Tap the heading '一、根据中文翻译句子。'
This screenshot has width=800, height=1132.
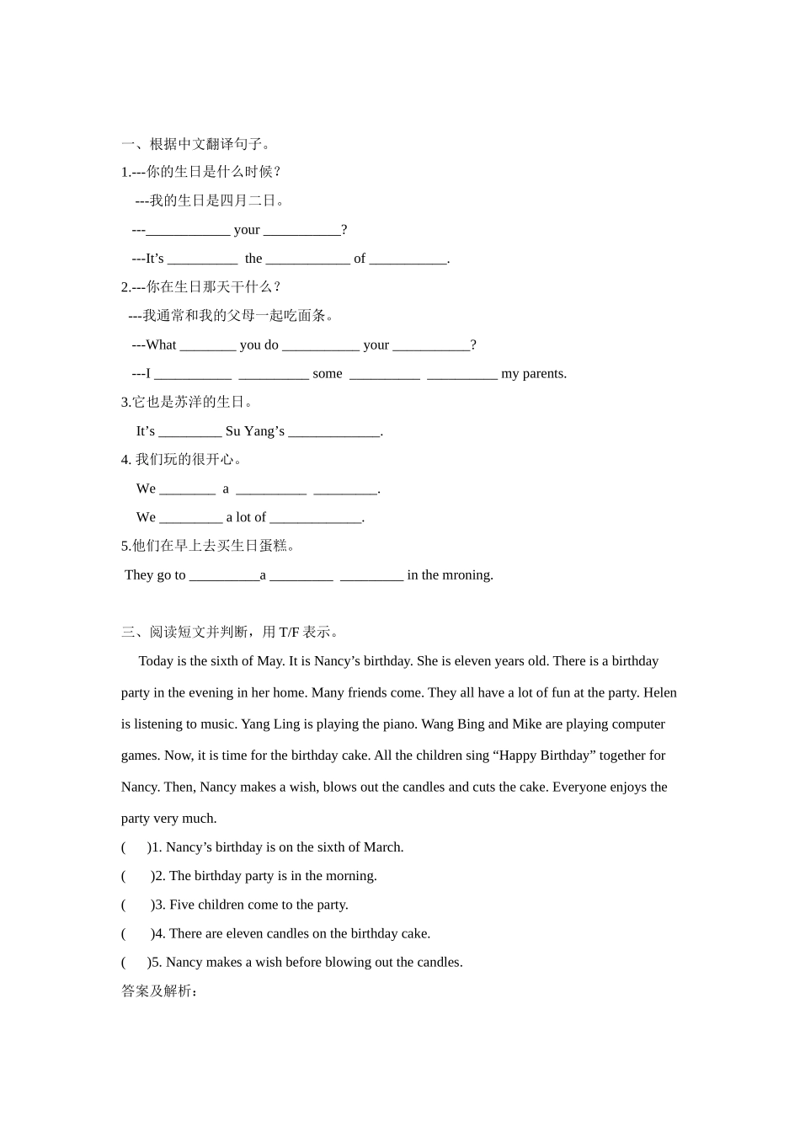click(197, 143)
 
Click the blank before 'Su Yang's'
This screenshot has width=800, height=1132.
click(189, 432)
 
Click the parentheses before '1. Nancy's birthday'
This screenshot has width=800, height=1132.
click(135, 847)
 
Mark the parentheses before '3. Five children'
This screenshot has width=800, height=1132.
click(136, 905)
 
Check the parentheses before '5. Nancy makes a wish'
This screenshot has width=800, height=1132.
click(135, 962)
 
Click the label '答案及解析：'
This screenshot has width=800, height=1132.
click(160, 991)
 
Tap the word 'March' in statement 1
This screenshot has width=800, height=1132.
click(382, 847)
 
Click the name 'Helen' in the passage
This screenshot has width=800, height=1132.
click(660, 693)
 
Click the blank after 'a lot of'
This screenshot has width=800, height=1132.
click(315, 518)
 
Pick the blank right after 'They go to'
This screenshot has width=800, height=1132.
click(224, 576)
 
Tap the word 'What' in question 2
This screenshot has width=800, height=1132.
click(161, 345)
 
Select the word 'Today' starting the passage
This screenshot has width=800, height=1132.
click(157, 661)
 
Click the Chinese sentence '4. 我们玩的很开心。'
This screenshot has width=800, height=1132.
click(182, 460)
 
